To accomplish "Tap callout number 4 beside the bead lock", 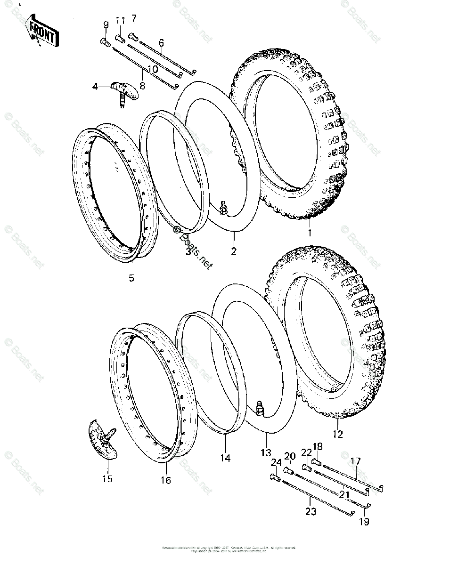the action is coord(95,87).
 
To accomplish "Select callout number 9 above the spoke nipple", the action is coord(106,24).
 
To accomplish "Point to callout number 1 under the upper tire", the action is coord(310,233).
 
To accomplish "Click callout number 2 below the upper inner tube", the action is coord(233,250).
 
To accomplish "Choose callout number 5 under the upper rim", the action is coord(131,278).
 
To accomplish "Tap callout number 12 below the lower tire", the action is coord(337,434).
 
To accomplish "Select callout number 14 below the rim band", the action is coord(225,458).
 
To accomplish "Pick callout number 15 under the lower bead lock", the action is coord(107,479).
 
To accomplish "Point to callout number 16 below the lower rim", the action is coord(165,480).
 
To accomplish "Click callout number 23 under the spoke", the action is coord(311,512).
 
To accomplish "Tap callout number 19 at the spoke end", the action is coord(364,521).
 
